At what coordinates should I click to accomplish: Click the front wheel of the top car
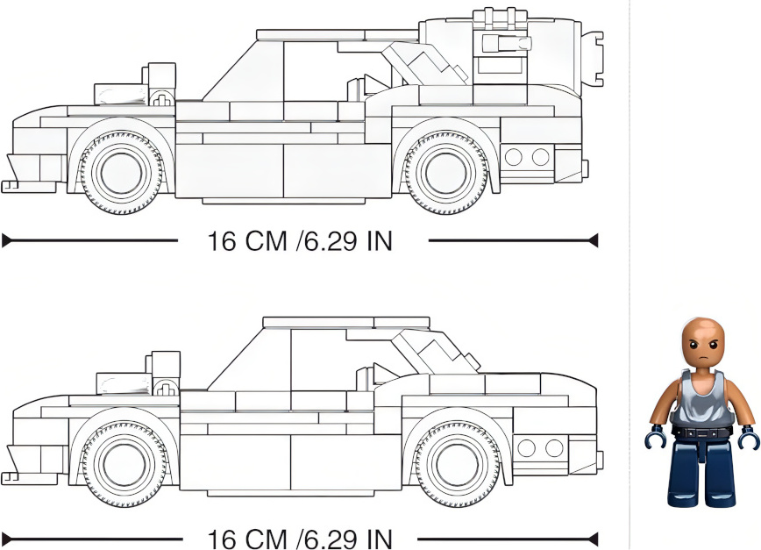pyautogui.click(x=122, y=173)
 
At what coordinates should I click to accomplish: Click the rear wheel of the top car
pyautogui.click(x=446, y=173)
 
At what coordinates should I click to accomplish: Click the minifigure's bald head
pyautogui.click(x=702, y=343)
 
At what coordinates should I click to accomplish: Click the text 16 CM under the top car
pyautogui.click(x=247, y=240)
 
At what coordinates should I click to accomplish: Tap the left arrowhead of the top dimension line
pyautogui.click(x=7, y=240)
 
